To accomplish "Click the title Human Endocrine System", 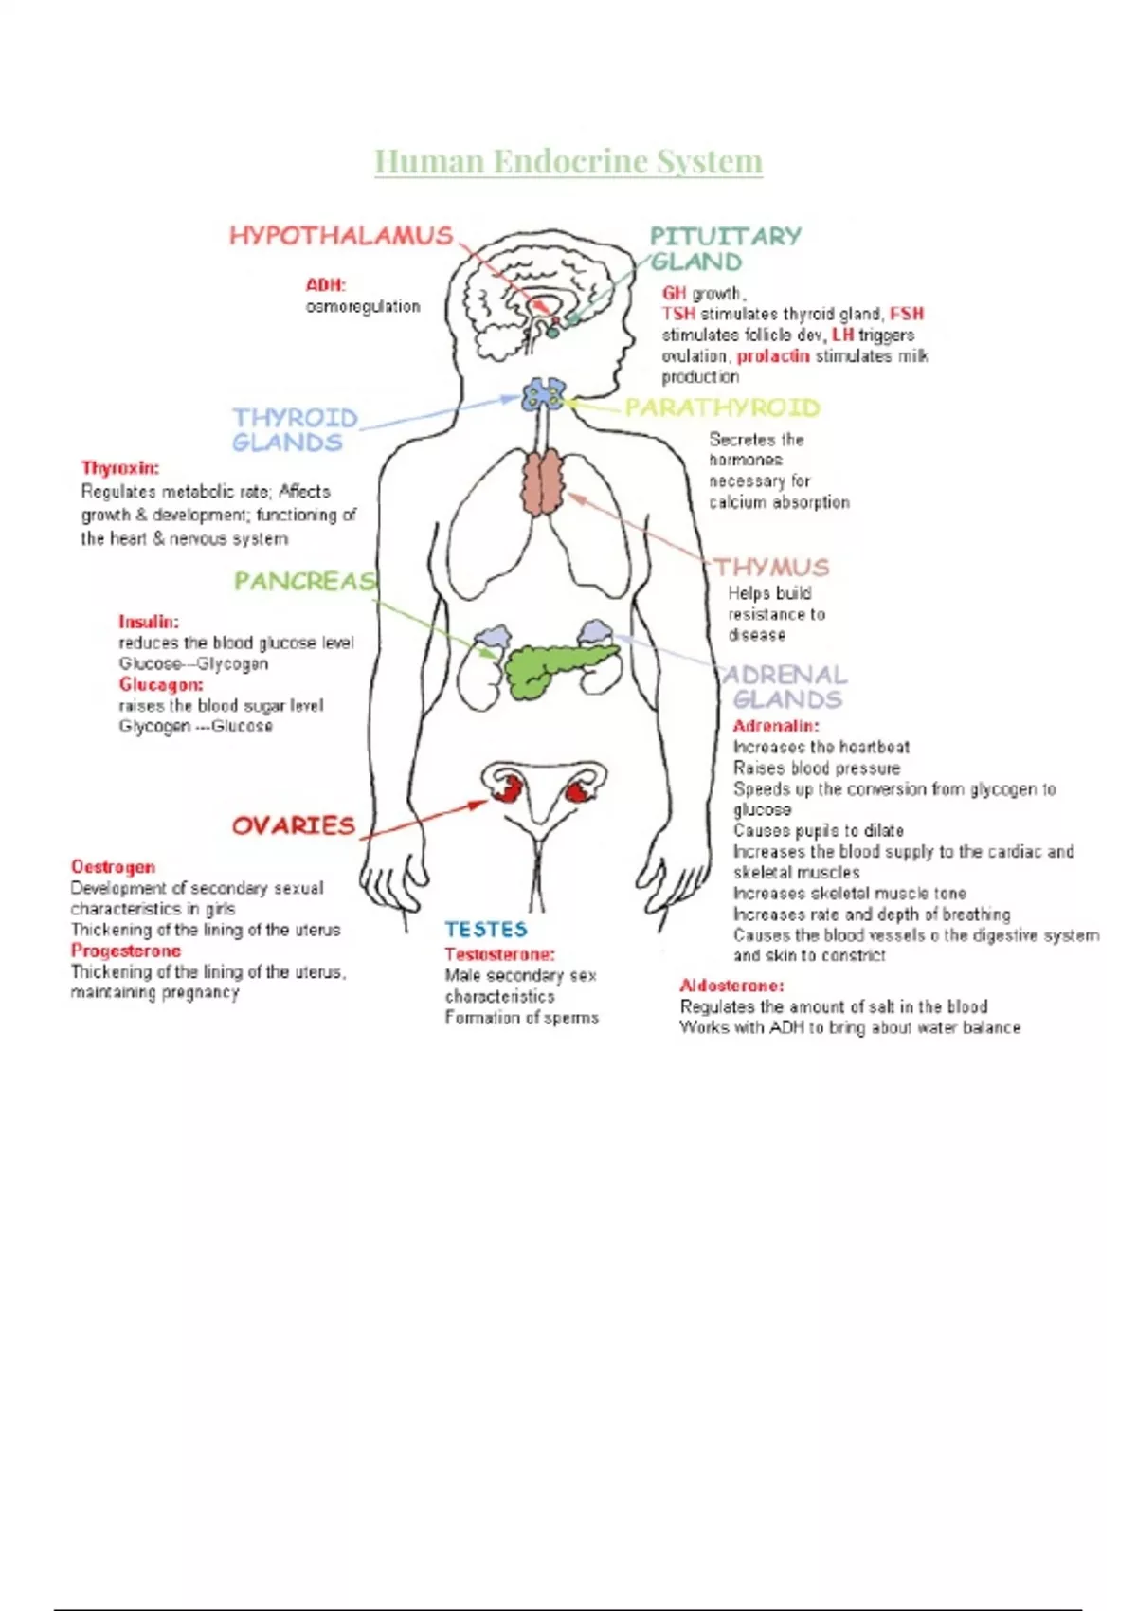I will point(568,162).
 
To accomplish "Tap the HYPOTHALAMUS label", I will point(341,236).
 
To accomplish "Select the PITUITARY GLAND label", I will point(724,248).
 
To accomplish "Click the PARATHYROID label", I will point(722,407).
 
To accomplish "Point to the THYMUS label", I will point(772,567).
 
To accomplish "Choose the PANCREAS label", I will point(305,581).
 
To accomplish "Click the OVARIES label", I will point(294,825).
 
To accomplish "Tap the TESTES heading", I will point(486,930).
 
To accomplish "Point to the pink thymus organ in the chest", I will point(543,483).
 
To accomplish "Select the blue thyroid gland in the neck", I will point(543,393).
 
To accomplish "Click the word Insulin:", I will point(149,623).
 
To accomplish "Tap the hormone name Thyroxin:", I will point(120,468).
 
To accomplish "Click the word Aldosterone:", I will point(731,986).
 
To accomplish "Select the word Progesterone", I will point(126,950).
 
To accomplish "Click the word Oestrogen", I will point(113,867).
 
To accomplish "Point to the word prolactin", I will point(773,356).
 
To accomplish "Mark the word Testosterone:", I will point(500,954).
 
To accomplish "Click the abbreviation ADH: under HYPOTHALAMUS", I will point(325,284).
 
